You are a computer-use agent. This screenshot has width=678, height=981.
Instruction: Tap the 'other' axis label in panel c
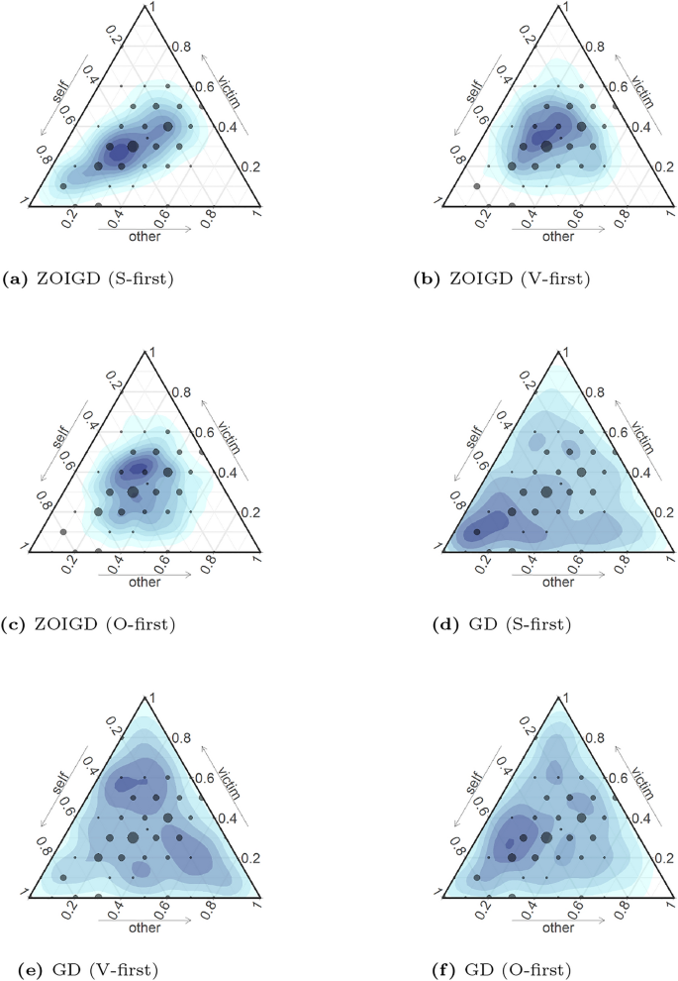click(x=145, y=581)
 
